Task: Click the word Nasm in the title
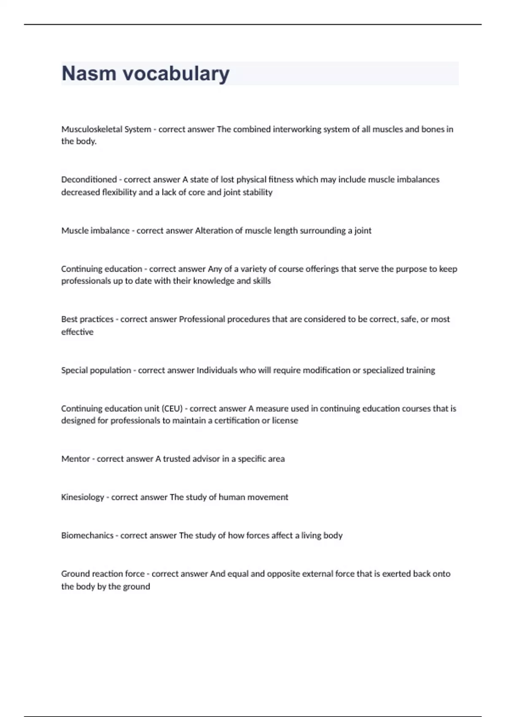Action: [89, 73]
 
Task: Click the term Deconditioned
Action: [89, 180]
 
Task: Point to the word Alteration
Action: [213, 231]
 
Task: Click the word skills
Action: [261, 281]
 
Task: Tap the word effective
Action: [77, 332]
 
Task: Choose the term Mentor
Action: [75, 459]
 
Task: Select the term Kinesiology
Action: [82, 497]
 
